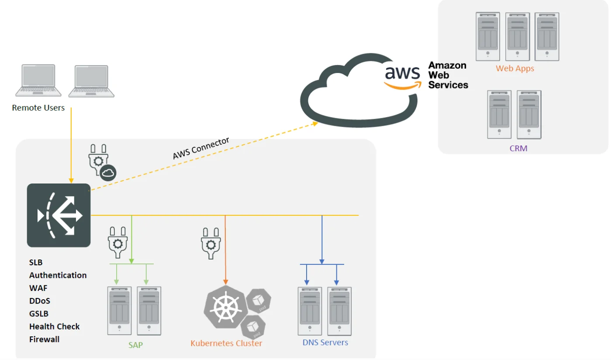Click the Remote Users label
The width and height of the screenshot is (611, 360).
click(38, 108)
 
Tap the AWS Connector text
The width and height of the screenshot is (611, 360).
click(201, 149)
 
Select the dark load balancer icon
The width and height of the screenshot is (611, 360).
click(59, 215)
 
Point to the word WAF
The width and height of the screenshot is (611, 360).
click(38, 288)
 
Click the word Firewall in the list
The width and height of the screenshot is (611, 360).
click(44, 339)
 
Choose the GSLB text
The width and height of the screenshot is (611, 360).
click(39, 314)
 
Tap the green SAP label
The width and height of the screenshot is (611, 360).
click(135, 345)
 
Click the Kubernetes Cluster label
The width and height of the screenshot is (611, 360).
click(226, 343)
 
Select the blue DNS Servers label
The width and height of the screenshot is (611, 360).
click(325, 343)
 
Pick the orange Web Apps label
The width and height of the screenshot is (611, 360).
click(515, 69)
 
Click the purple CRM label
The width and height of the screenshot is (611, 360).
click(518, 149)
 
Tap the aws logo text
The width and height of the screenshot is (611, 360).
click(402, 73)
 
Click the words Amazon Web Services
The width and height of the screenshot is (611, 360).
click(448, 75)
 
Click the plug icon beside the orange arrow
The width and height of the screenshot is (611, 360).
click(211, 244)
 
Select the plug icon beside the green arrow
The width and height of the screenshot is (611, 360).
click(117, 242)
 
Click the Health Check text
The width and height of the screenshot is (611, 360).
click(54, 327)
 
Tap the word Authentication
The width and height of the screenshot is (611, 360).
click(58, 275)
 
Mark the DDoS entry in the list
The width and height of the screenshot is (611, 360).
click(39, 301)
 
